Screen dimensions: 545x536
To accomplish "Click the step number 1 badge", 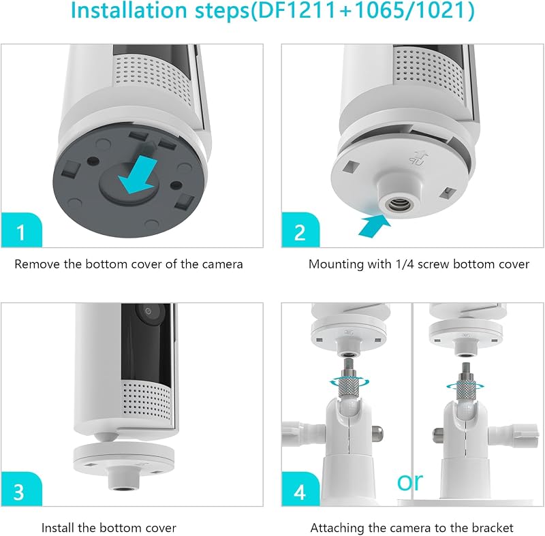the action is [x=22, y=230].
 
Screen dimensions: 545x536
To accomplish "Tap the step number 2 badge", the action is [x=300, y=230].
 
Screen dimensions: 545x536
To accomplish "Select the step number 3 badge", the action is [x=22, y=489].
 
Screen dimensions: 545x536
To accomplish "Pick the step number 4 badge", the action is [x=300, y=489].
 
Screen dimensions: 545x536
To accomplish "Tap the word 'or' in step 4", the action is [x=410, y=482].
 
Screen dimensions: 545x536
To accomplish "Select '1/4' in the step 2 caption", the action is [x=405, y=264].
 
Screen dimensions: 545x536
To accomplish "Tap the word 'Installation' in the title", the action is [x=129, y=10].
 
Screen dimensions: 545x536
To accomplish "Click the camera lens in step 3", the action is [x=149, y=311].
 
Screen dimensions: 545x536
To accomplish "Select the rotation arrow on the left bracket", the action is [x=349, y=383].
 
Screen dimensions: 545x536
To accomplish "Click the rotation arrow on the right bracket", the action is [x=465, y=385].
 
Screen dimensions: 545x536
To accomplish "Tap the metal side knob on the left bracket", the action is [x=378, y=434].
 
